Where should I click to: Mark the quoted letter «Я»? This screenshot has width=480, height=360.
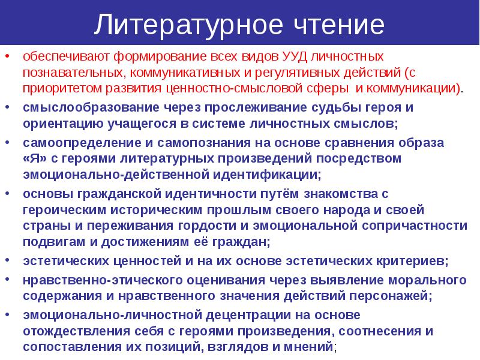[35, 159]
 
